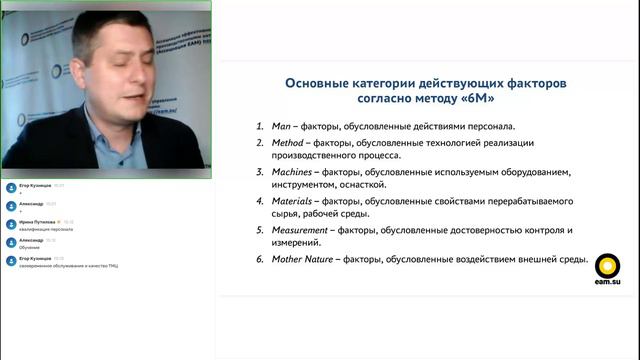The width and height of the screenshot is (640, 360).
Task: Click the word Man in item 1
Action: [280, 127]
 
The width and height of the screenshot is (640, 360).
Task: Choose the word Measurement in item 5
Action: [303, 230]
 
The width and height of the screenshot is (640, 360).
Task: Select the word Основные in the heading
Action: [320, 83]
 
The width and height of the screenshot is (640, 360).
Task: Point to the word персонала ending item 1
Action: [489, 127]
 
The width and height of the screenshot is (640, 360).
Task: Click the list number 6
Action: [259, 259]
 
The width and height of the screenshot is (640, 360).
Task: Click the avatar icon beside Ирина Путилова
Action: [10, 224]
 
